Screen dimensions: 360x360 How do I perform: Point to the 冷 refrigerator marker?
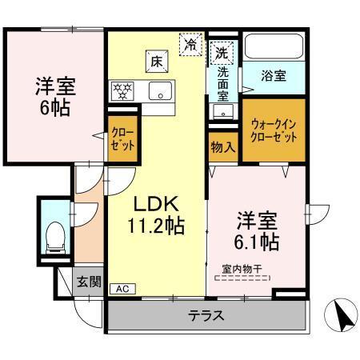(x=190, y=44)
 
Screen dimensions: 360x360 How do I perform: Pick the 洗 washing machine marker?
(x=222, y=53)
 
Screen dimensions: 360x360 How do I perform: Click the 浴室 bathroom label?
(x=274, y=76)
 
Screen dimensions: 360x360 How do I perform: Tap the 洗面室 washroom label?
(x=223, y=82)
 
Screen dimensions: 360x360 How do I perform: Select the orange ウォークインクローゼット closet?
(x=274, y=130)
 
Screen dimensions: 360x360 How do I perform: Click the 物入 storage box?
(x=223, y=148)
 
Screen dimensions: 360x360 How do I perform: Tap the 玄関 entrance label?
(x=88, y=281)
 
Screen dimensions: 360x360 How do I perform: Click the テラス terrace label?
(x=206, y=315)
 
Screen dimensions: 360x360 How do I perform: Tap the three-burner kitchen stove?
(x=123, y=90)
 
